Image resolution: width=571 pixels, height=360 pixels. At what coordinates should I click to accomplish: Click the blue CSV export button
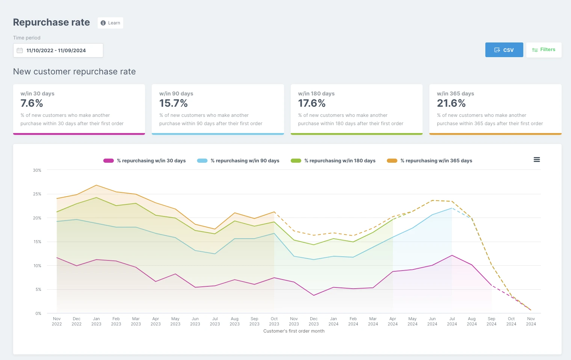pyautogui.click(x=504, y=50)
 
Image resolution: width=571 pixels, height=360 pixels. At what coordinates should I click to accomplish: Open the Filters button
pyautogui.click(x=544, y=50)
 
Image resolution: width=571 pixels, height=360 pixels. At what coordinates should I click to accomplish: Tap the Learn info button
pyautogui.click(x=110, y=23)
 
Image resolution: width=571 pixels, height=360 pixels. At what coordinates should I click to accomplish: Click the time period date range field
pyautogui.click(x=58, y=50)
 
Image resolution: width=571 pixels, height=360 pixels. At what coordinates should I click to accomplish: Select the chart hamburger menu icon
pyautogui.click(x=536, y=160)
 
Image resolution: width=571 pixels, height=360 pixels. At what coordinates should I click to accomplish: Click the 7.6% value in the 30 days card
pyautogui.click(x=32, y=103)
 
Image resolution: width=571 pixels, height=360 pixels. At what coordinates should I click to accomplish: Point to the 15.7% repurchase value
pyautogui.click(x=173, y=103)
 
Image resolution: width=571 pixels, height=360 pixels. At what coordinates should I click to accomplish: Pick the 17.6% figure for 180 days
pyautogui.click(x=312, y=103)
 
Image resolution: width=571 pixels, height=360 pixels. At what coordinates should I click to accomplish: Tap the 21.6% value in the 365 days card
pyautogui.click(x=451, y=103)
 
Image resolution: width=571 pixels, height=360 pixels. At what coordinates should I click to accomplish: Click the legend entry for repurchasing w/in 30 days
pyautogui.click(x=144, y=160)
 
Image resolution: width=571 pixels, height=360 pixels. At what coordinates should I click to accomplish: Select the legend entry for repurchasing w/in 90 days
pyautogui.click(x=238, y=160)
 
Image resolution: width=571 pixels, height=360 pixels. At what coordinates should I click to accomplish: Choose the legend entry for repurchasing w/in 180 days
pyautogui.click(x=333, y=160)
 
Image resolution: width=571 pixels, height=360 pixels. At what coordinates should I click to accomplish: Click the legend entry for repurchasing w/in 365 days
pyautogui.click(x=429, y=160)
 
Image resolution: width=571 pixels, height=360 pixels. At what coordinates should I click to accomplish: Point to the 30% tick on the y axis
pyautogui.click(x=37, y=170)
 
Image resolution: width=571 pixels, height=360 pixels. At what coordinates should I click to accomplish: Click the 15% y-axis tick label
pyautogui.click(x=37, y=242)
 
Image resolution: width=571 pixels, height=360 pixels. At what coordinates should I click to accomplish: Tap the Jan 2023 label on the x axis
pyautogui.click(x=96, y=321)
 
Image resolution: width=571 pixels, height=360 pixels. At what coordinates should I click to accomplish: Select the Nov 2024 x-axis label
pyautogui.click(x=531, y=321)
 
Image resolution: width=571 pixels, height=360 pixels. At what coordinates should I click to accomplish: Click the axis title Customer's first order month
pyautogui.click(x=294, y=331)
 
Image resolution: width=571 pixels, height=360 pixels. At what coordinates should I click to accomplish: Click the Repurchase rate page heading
pyautogui.click(x=51, y=23)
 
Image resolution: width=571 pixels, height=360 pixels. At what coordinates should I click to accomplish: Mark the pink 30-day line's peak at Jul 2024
pyautogui.click(x=452, y=255)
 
